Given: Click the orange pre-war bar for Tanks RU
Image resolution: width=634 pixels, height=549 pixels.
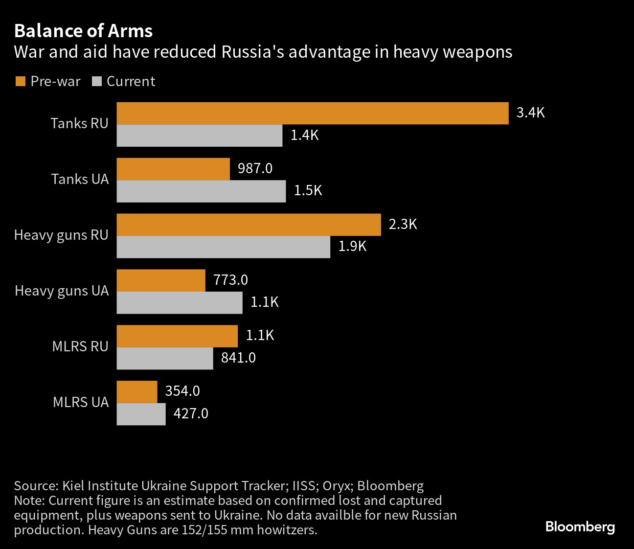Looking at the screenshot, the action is click(313, 113).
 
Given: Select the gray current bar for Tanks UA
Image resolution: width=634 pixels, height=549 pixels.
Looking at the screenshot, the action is click(201, 191).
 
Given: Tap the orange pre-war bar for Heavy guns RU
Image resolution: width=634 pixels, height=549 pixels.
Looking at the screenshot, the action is click(249, 225).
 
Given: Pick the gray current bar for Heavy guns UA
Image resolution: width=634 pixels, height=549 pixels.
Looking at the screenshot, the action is click(180, 302).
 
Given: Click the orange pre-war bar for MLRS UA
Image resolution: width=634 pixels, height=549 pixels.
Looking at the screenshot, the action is click(137, 392).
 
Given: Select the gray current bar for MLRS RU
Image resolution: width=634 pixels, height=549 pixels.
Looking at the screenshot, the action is click(165, 359).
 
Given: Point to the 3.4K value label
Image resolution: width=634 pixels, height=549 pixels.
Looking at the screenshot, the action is click(531, 113).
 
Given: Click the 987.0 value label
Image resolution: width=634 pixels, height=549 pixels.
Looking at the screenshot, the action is click(255, 168).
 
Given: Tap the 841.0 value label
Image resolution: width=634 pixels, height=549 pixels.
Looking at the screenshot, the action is click(238, 358).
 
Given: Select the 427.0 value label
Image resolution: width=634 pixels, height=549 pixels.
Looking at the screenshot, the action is click(191, 413).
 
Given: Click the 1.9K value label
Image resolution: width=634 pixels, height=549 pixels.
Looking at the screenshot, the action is click(352, 247).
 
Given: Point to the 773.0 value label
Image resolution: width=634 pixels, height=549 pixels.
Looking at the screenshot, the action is click(231, 280).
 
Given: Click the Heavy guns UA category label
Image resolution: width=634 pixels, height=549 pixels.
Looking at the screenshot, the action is click(62, 291).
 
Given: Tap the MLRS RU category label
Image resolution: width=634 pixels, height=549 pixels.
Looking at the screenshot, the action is click(80, 346).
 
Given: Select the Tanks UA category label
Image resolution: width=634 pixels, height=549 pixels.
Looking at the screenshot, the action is click(80, 179).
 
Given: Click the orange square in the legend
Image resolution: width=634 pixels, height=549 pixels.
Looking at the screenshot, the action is click(20, 81).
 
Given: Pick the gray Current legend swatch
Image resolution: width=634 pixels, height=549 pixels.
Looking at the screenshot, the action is click(97, 81).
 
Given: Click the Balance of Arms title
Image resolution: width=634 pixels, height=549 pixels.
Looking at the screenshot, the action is click(84, 31).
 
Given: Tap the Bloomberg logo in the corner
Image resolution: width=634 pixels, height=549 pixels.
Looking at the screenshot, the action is click(580, 527).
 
